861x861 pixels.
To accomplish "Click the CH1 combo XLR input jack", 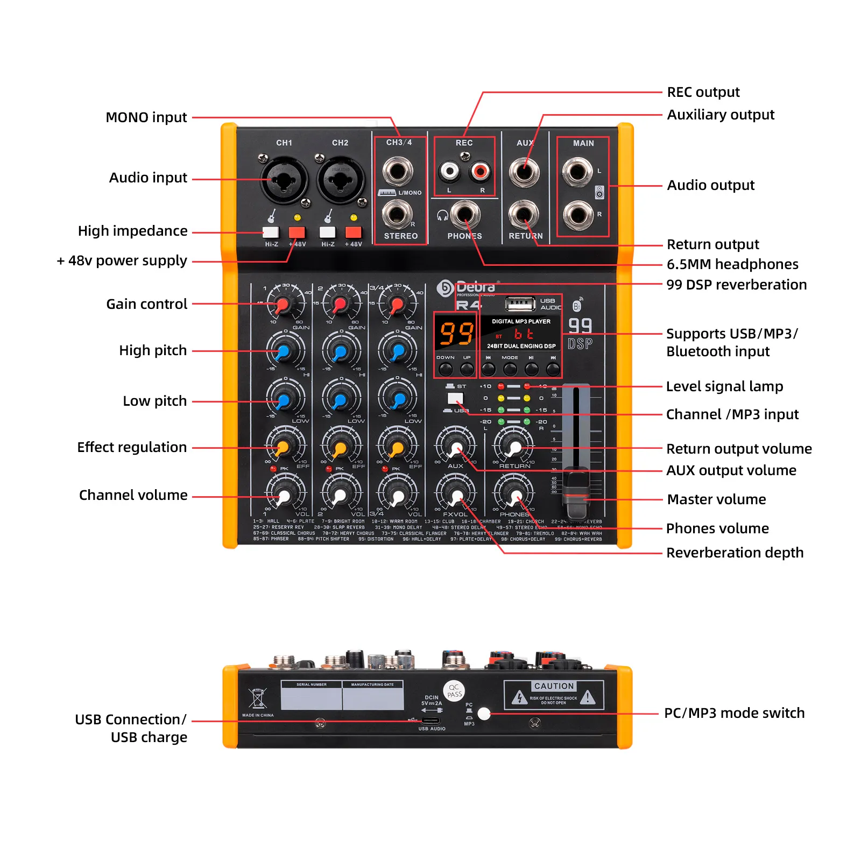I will click(x=284, y=180).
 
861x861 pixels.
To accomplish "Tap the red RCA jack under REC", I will click(x=479, y=172).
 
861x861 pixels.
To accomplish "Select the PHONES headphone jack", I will click(x=465, y=214).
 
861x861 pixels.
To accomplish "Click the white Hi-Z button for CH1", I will click(x=271, y=232).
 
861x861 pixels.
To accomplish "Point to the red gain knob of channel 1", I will click(x=283, y=306).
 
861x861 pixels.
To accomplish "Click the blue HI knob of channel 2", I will click(x=340, y=352).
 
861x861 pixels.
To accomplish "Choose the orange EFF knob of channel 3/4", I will click(x=397, y=448).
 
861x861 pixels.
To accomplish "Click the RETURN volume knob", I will click(x=514, y=447).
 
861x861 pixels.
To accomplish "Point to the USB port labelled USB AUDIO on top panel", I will click(x=519, y=305).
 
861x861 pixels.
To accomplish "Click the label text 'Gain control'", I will click(x=146, y=304).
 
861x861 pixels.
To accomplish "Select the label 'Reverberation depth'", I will click(x=735, y=553).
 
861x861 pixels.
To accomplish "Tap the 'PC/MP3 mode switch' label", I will click(x=734, y=713).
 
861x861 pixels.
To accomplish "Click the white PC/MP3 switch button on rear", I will click(x=484, y=714).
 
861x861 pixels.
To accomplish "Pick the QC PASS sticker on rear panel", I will click(x=454, y=690).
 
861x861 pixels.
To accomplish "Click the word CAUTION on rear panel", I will click(x=554, y=686).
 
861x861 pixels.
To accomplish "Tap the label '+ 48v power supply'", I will click(x=122, y=261).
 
